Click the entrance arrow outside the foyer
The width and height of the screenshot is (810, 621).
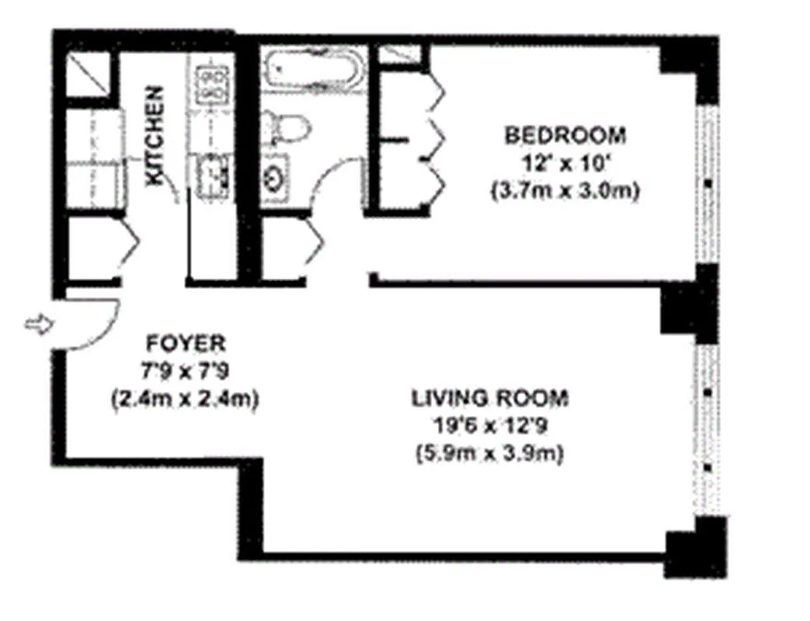[x=40, y=324]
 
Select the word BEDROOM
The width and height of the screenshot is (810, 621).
[x=565, y=135]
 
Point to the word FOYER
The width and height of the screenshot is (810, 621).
[x=186, y=343]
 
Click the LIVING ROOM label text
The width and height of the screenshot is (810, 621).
[x=490, y=398]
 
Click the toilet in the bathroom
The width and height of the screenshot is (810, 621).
[x=286, y=129]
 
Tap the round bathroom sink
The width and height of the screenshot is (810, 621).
[x=274, y=179]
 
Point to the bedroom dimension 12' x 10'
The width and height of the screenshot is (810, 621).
[x=565, y=164]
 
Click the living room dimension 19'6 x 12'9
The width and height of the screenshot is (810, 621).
[x=490, y=426]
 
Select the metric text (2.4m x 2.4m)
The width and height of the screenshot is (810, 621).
[x=185, y=399]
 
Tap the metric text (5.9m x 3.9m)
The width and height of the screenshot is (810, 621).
[x=489, y=454]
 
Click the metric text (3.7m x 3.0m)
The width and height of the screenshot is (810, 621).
[x=565, y=192]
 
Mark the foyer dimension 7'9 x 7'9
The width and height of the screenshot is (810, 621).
[x=185, y=371]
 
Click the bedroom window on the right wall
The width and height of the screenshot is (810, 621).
[x=707, y=184]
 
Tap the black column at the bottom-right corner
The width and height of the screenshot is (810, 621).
[x=695, y=547]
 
